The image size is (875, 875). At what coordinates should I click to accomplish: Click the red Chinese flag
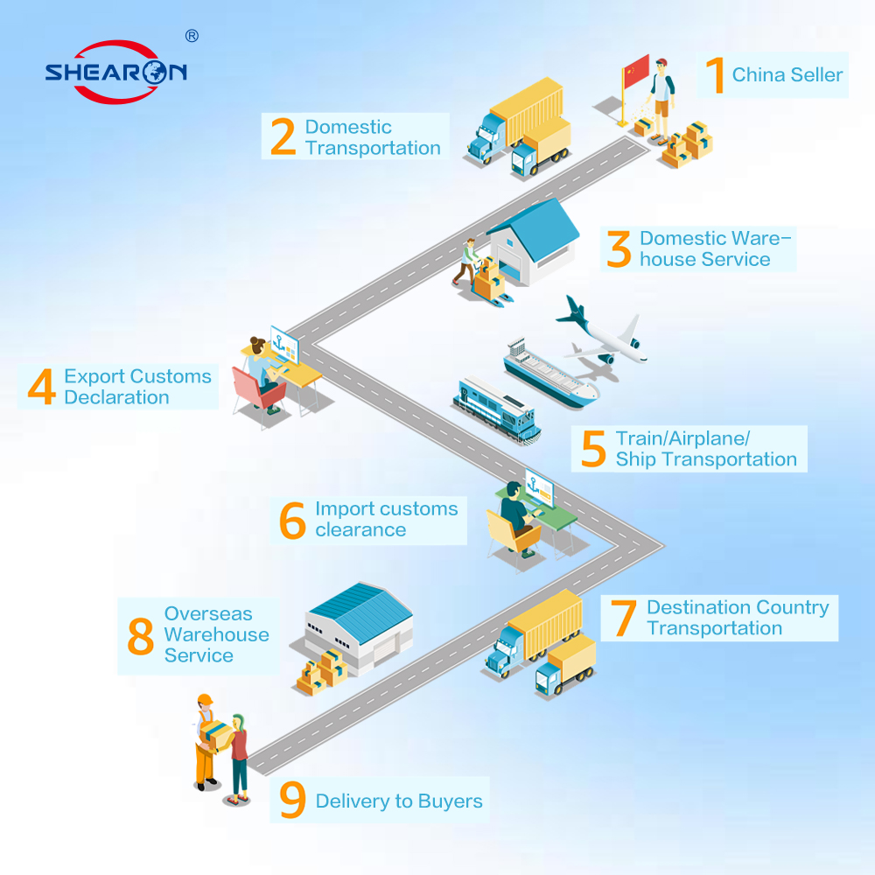(636, 71)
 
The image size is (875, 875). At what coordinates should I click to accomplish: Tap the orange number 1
(716, 74)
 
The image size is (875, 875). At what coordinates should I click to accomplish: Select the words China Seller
(787, 74)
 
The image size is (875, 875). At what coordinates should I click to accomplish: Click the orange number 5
(593, 448)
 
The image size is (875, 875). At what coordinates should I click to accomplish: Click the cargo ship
(549, 373)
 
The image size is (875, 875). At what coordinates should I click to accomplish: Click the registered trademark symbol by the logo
(192, 36)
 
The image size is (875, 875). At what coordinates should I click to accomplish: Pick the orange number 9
(292, 800)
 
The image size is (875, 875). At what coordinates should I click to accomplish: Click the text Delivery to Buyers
(399, 801)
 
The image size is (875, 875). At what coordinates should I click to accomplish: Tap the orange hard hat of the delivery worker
(205, 700)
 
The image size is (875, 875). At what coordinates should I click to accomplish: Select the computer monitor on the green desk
(539, 487)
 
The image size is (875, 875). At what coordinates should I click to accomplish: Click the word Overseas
(208, 614)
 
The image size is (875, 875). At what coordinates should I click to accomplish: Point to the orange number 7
(623, 618)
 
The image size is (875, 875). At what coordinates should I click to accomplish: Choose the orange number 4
(42, 386)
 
